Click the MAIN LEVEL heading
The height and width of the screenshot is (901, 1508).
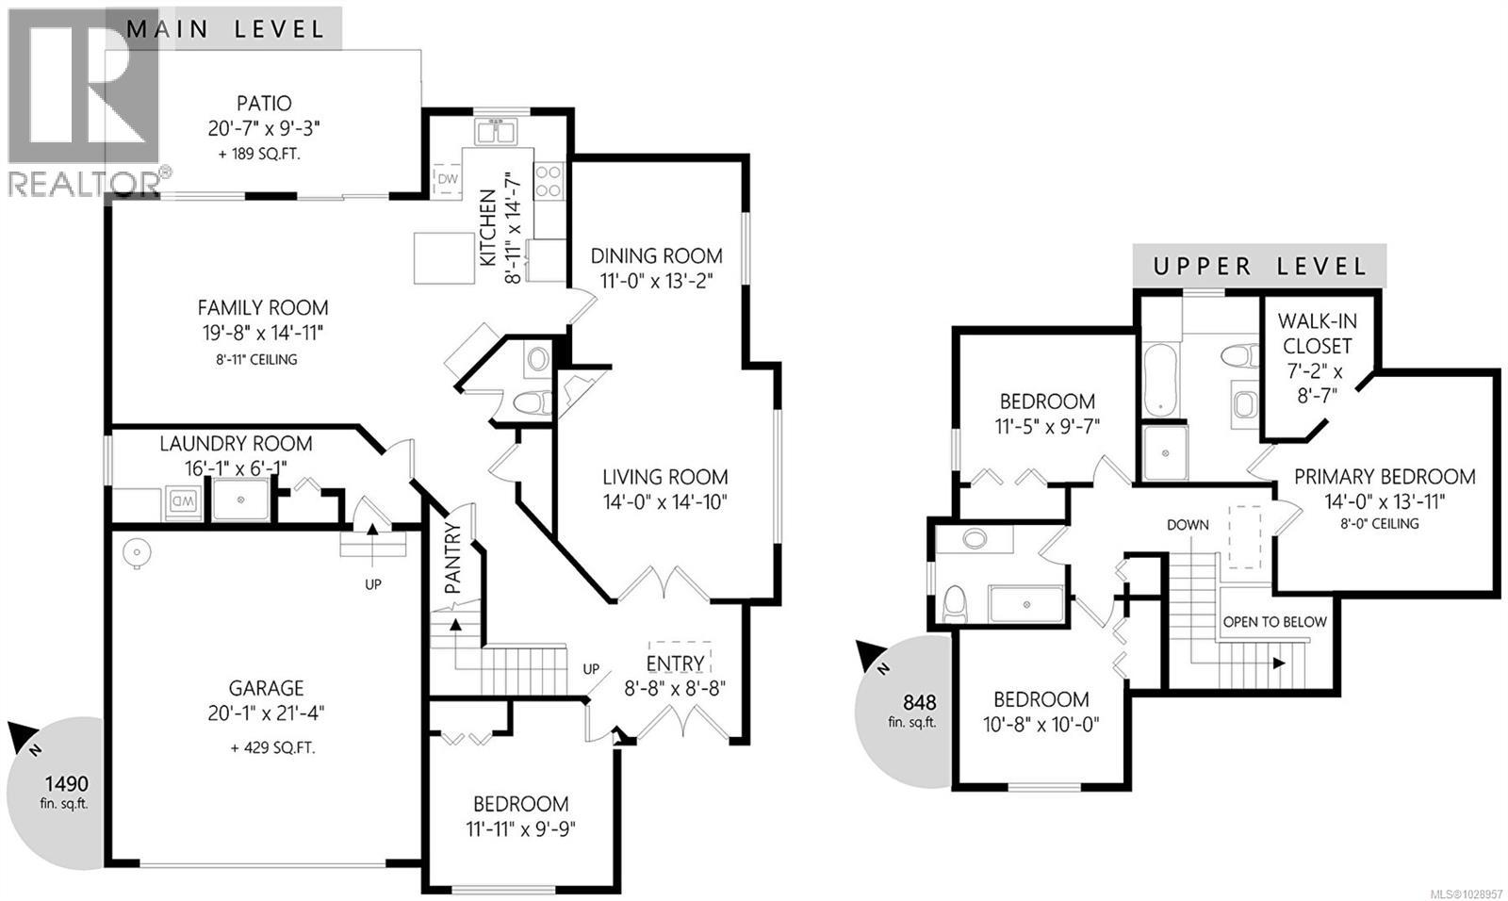(x=225, y=27)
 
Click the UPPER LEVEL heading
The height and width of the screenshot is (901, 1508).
(x=1260, y=267)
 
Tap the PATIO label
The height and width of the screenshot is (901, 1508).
(x=264, y=103)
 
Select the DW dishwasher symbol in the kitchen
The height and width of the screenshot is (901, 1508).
(x=448, y=179)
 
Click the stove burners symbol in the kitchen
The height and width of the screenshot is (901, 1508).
(x=549, y=180)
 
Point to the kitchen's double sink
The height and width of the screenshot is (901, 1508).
(x=496, y=132)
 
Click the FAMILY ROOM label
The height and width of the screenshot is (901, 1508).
(x=263, y=307)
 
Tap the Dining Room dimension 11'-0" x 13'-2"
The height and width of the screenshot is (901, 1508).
(x=657, y=280)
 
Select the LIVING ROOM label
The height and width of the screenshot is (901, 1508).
(x=665, y=477)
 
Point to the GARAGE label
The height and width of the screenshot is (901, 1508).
(x=267, y=688)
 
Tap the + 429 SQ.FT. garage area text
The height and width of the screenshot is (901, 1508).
(x=272, y=748)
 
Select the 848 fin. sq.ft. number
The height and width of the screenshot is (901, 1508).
(x=919, y=702)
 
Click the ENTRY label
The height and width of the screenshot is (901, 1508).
(x=675, y=663)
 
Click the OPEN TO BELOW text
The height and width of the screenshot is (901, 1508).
(x=1274, y=622)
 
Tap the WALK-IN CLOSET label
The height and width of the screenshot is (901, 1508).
(x=1315, y=334)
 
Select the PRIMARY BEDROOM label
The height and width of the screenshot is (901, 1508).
(x=1385, y=477)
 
